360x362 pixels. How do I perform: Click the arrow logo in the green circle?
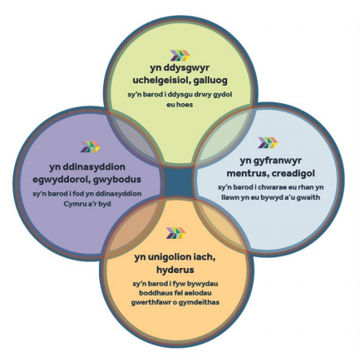[x=180, y=55]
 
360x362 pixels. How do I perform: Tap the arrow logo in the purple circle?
[x=90, y=146]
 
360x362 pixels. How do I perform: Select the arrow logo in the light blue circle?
[x=268, y=142]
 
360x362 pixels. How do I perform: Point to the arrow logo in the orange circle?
[x=176, y=233]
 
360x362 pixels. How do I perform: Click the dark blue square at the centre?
[x=178, y=181]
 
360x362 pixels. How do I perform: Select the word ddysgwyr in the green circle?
[x=188, y=68]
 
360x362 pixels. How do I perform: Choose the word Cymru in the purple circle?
[x=73, y=204]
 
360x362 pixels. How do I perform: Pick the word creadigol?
[x=293, y=174]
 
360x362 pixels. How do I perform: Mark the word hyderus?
[x=175, y=270]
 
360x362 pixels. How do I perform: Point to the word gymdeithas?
[x=199, y=302]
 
